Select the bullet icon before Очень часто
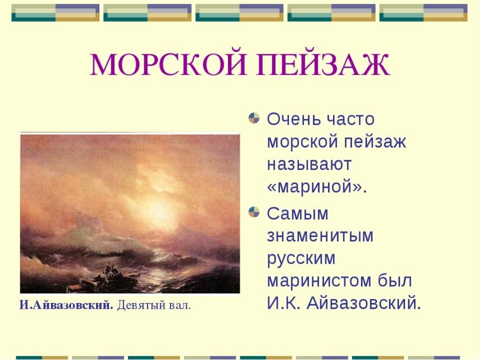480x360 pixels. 254,118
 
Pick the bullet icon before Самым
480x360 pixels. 254,212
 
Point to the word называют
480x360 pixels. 309,164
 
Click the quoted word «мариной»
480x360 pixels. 317,187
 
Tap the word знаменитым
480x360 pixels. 320,236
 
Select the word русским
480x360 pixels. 301,259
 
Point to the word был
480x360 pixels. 395,281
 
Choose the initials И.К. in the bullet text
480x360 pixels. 283,304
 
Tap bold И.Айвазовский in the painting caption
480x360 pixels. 66,305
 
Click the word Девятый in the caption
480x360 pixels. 141,306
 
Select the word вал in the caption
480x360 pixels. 180,306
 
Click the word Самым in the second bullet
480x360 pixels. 297,213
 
